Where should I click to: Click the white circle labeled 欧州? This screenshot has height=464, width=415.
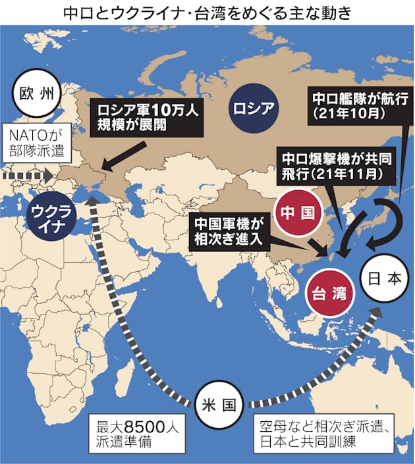click(x=37, y=95)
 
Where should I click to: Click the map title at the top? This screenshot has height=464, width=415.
click(x=207, y=13)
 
